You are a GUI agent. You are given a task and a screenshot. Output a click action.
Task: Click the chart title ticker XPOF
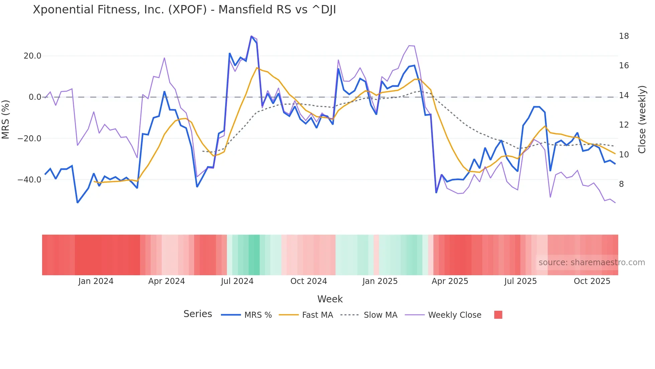click(187, 10)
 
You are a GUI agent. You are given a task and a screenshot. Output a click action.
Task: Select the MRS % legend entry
click(258, 315)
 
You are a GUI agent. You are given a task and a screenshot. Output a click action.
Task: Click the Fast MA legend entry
click(317, 315)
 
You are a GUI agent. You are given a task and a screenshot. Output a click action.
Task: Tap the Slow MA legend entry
click(380, 315)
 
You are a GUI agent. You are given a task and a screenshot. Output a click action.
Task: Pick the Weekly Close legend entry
click(454, 315)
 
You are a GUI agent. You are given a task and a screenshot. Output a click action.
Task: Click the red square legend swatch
click(498, 315)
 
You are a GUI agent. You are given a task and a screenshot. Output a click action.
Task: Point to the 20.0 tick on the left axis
click(32, 56)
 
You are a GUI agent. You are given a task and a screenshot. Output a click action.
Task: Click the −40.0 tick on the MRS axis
click(30, 180)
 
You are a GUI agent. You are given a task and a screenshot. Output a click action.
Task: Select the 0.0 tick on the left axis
click(35, 97)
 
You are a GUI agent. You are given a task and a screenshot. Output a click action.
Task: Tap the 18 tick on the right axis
click(624, 36)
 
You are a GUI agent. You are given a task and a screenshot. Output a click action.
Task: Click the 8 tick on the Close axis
click(621, 184)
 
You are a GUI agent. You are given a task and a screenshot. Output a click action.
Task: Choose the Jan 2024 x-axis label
click(96, 281)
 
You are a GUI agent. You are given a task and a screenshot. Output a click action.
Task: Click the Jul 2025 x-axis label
click(520, 281)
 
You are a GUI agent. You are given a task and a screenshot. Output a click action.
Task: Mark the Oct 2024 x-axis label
click(308, 281)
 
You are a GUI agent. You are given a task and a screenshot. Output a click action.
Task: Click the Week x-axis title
click(330, 299)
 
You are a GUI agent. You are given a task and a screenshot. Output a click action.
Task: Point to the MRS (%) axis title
click(6, 120)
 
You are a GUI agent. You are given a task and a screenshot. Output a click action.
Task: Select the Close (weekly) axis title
click(642, 120)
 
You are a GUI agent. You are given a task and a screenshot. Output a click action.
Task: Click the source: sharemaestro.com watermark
click(592, 263)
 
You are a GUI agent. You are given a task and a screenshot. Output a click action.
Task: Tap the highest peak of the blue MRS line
click(251, 36)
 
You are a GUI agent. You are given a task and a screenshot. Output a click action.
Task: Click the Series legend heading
click(198, 314)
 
